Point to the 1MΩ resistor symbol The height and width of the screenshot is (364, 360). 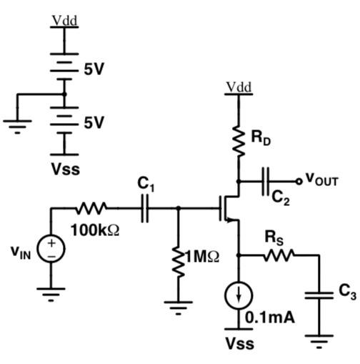pos(178,258)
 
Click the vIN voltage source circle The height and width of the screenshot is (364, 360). pos(52,250)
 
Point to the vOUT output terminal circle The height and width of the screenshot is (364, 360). pos(299,181)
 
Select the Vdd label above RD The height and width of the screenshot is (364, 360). pos(239,87)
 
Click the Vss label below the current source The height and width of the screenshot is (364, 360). pos(239,343)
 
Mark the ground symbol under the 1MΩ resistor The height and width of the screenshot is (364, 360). pos(178,306)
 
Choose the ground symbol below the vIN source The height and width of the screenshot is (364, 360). pos(52,292)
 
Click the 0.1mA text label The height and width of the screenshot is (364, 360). pos(269,318)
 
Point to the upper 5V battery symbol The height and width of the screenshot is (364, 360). pos(64,68)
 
